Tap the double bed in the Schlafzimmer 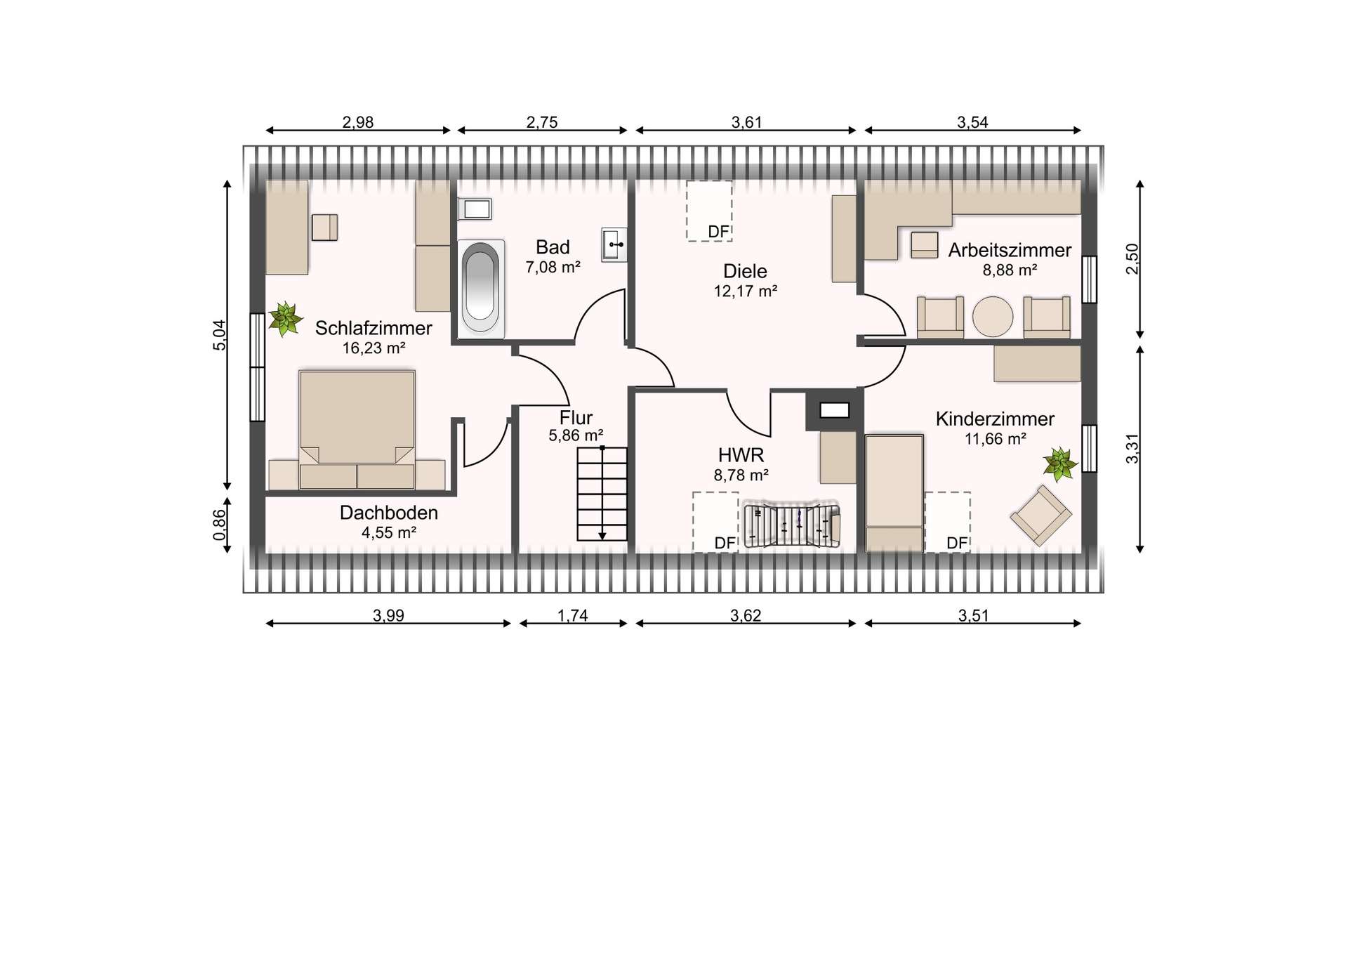click(x=357, y=428)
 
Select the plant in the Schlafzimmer click(x=284, y=319)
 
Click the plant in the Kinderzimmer click(x=1059, y=464)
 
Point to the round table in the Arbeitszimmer click(x=993, y=317)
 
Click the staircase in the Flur click(x=602, y=493)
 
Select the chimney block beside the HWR click(x=834, y=410)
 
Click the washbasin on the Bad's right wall click(x=614, y=244)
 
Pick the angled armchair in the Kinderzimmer click(x=1041, y=515)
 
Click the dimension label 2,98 click(x=358, y=122)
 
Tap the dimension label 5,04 click(x=220, y=335)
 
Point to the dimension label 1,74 click(x=573, y=616)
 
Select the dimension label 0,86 click(x=220, y=525)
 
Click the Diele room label click(x=745, y=271)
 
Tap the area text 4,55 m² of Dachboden click(x=389, y=532)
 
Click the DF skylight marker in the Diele click(x=709, y=211)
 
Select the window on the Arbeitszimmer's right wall click(x=1089, y=280)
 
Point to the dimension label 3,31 click(x=1132, y=448)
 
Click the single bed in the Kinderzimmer click(x=894, y=493)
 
